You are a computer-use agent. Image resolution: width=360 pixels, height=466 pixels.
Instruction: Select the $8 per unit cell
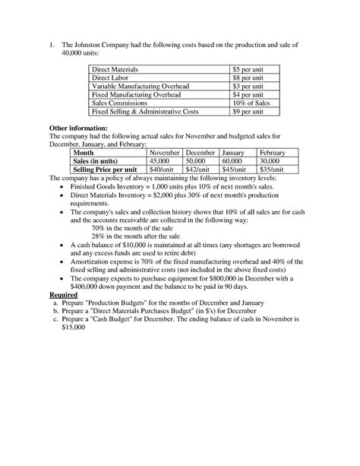click(x=248, y=78)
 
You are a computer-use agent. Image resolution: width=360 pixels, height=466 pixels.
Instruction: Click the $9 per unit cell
click(x=248, y=111)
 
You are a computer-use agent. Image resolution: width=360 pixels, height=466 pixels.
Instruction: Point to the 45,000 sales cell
click(x=159, y=161)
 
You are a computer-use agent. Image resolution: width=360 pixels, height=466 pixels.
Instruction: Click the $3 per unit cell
click(x=248, y=86)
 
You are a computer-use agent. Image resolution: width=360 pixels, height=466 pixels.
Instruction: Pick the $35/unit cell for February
click(x=272, y=170)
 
